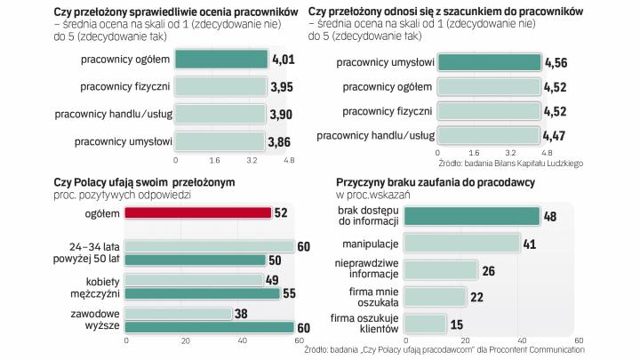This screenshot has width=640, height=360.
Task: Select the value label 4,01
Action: pos(283,60)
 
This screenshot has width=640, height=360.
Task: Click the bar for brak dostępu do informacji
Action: pos(472,216)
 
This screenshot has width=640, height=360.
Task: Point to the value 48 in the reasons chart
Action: pos(551,216)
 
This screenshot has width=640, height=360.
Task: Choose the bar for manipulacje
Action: pos(462,243)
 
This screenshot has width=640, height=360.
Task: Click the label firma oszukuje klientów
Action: pos(364,323)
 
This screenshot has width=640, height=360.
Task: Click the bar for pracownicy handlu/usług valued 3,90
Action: pos(220,114)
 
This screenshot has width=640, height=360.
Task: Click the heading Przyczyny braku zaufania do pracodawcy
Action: pos(442,180)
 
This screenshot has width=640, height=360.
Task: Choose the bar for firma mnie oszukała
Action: pos(436,296)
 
